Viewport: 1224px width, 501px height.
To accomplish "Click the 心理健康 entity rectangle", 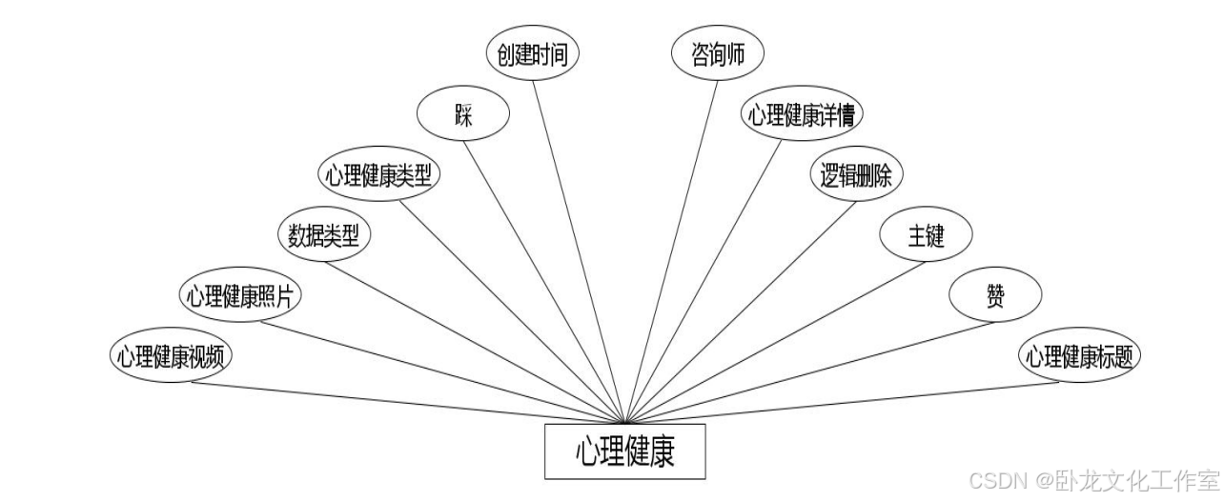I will click(x=624, y=451).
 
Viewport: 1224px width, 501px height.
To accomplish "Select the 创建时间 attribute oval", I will click(x=532, y=54).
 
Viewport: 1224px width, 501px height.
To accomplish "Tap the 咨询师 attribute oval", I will click(x=717, y=55).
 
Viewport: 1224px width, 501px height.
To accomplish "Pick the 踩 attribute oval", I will click(x=463, y=114).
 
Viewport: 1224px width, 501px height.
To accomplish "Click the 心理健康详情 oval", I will click(x=803, y=115).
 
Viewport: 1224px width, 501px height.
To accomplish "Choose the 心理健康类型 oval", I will click(x=378, y=175).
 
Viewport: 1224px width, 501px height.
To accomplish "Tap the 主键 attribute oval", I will click(x=926, y=235).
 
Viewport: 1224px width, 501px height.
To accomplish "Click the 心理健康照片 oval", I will click(x=240, y=296).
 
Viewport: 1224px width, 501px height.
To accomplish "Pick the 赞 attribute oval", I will click(x=995, y=296).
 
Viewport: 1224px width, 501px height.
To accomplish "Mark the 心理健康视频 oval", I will click(x=172, y=357).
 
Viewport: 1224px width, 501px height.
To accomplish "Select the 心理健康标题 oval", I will click(x=1079, y=357).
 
